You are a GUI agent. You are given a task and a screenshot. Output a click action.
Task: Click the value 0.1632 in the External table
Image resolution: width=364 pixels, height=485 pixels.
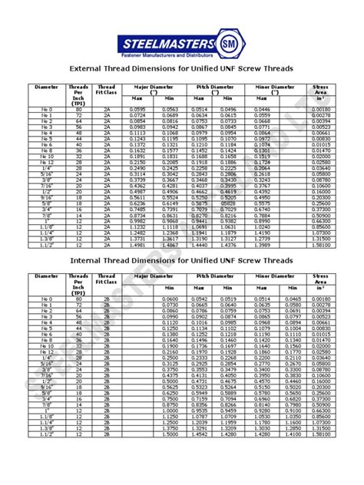click(x=137, y=150)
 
